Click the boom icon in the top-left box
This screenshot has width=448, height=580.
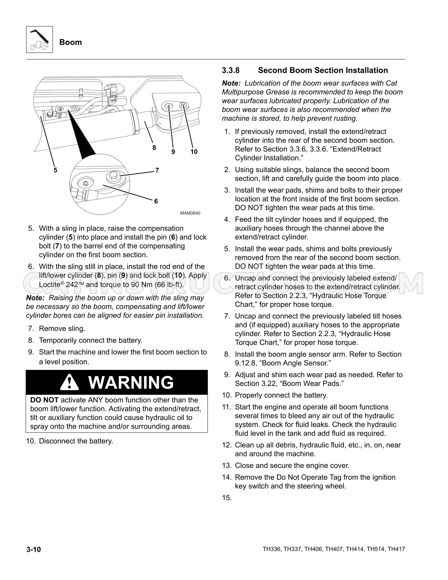pyautogui.click(x=39, y=40)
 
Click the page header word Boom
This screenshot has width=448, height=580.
pyautogui.click(x=71, y=42)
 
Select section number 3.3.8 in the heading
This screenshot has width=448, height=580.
pyautogui.click(x=231, y=71)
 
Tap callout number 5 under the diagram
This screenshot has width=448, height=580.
pyautogui.click(x=55, y=170)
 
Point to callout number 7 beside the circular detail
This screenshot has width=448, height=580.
pyautogui.click(x=157, y=171)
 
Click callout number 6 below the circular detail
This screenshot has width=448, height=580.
pyautogui.click(x=156, y=201)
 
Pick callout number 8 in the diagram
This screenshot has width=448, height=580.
pyautogui.click(x=154, y=148)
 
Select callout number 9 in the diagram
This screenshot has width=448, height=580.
pyautogui.click(x=173, y=152)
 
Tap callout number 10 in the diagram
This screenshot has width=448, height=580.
pyautogui.click(x=194, y=152)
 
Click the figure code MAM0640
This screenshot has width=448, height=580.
pyautogui.click(x=190, y=213)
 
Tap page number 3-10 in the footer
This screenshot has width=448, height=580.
pyautogui.click(x=33, y=550)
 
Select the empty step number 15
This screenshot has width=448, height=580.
pyautogui.click(x=227, y=498)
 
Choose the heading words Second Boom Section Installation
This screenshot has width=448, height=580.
pyautogui.click(x=323, y=71)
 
